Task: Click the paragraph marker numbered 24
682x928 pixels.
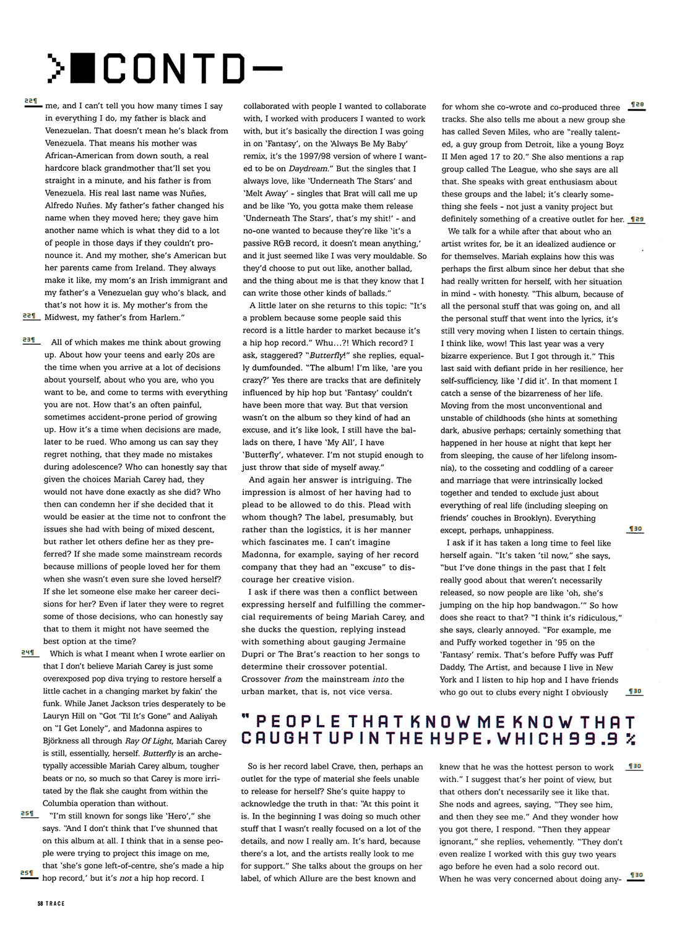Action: pos(28,653)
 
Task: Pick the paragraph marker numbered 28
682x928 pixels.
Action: pos(636,106)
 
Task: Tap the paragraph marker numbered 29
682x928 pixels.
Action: pos(636,219)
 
